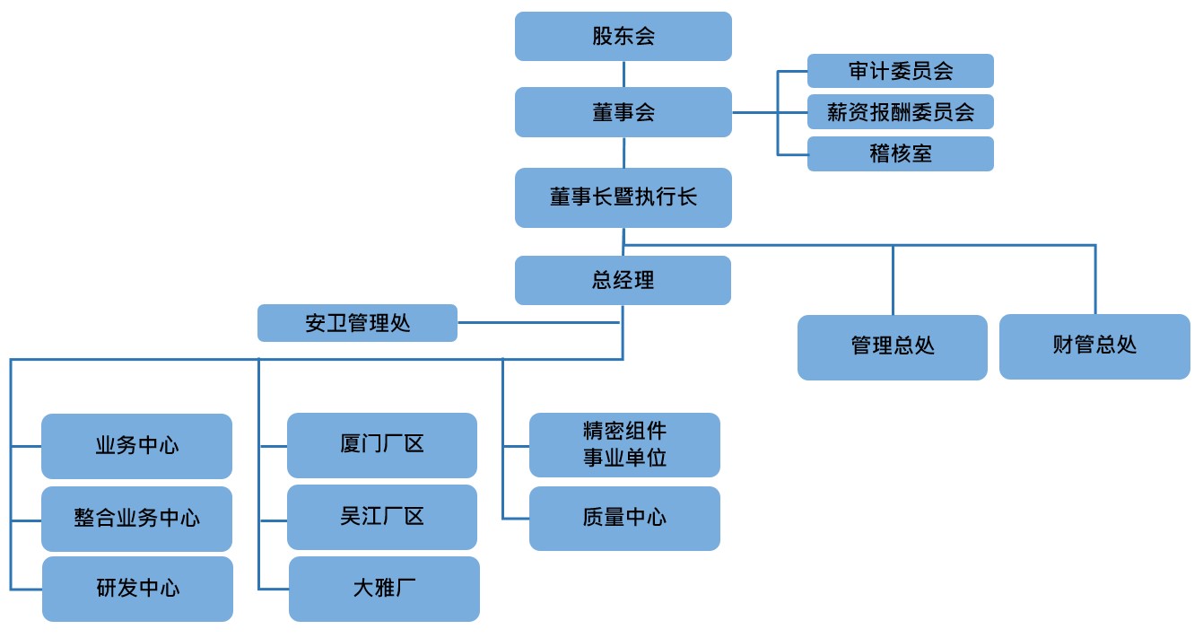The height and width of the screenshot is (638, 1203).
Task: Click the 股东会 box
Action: pyautogui.click(x=623, y=36)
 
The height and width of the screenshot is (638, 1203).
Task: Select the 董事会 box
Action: pyautogui.click(x=623, y=111)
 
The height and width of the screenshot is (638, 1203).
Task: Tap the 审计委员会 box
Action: pyautogui.click(x=900, y=70)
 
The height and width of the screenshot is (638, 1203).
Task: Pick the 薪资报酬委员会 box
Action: pyautogui.click(x=900, y=111)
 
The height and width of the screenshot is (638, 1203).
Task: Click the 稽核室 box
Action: pyautogui.click(x=900, y=153)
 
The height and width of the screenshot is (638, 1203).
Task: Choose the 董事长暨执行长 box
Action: pyautogui.click(x=623, y=197)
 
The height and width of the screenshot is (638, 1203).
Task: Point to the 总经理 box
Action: pyautogui.click(x=623, y=280)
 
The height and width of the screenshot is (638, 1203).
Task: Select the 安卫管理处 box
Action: pyautogui.click(x=357, y=323)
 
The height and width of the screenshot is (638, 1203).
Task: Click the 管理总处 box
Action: pyautogui.click(x=892, y=347)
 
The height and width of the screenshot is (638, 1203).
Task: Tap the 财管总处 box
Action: pyautogui.click(x=1094, y=347)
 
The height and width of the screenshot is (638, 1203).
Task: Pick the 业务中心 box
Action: pyautogui.click(x=136, y=446)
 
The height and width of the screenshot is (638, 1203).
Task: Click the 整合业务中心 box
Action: pyautogui.click(x=136, y=519)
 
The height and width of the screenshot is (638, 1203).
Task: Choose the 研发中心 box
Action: pyautogui.click(x=137, y=589)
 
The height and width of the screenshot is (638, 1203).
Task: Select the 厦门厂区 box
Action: pyautogui.click(x=382, y=445)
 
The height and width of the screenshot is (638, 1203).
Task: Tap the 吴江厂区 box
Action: pyautogui.click(x=382, y=517)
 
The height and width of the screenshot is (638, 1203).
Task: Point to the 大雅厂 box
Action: pyautogui.click(x=384, y=589)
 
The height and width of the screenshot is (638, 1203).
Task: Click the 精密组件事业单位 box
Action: pyautogui.click(x=624, y=445)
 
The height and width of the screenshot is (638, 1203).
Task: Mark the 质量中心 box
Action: pyautogui.click(x=624, y=519)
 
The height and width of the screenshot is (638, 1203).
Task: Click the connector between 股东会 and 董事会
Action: pyautogui.click(x=623, y=74)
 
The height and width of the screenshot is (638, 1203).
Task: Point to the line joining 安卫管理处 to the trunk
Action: pyautogui.click(x=538, y=323)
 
